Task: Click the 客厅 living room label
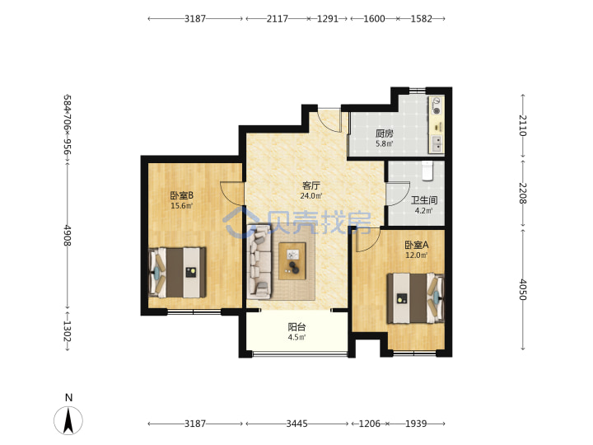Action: click(311, 185)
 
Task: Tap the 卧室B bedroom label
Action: click(181, 195)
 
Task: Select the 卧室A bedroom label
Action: click(417, 245)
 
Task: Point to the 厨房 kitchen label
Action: click(385, 133)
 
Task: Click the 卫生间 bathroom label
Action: click(424, 200)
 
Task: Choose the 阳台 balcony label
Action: click(296, 327)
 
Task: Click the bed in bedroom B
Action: click(177, 273)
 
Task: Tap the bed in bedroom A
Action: click(415, 298)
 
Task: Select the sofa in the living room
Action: click(259, 261)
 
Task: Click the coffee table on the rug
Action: click(292, 261)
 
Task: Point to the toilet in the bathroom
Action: click(427, 171)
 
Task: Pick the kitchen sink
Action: click(437, 143)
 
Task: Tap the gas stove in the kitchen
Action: click(437, 105)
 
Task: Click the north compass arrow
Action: click(68, 420)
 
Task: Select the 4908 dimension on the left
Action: click(67, 236)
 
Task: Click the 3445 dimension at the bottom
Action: click(296, 424)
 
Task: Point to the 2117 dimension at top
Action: click(278, 18)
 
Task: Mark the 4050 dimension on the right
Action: click(522, 289)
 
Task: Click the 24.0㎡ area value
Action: click(311, 195)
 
